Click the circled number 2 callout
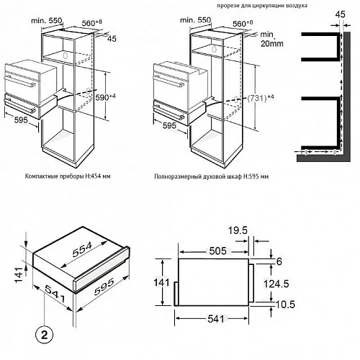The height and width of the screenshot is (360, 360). click(45, 334)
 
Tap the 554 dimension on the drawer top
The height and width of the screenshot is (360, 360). click(82, 250)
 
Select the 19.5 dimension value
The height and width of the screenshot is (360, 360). click(238, 230)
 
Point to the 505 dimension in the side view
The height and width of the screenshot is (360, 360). click(217, 251)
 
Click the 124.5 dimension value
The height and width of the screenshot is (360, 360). click(276, 284)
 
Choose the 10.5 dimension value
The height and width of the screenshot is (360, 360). click(285, 305)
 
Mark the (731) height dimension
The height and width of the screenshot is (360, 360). click(260, 98)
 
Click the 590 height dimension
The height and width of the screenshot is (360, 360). click(105, 97)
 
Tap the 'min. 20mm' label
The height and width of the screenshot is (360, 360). click(271, 39)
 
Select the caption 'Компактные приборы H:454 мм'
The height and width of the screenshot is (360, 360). click(68, 176)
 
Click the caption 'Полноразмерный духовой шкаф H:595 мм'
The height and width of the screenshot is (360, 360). click(212, 176)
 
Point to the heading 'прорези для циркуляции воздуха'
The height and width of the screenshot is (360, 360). click(262, 5)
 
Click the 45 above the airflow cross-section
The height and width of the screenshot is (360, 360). click(340, 14)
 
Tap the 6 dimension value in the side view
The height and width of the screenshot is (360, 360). click(279, 261)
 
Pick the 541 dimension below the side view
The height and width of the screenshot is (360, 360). click(216, 319)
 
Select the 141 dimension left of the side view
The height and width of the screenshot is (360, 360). click(161, 283)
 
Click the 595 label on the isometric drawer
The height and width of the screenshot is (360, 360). click(104, 287)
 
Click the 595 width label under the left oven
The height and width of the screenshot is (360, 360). click(21, 120)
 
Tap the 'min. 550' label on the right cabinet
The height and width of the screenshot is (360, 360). click(196, 19)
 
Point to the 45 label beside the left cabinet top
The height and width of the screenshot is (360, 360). click(112, 39)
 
